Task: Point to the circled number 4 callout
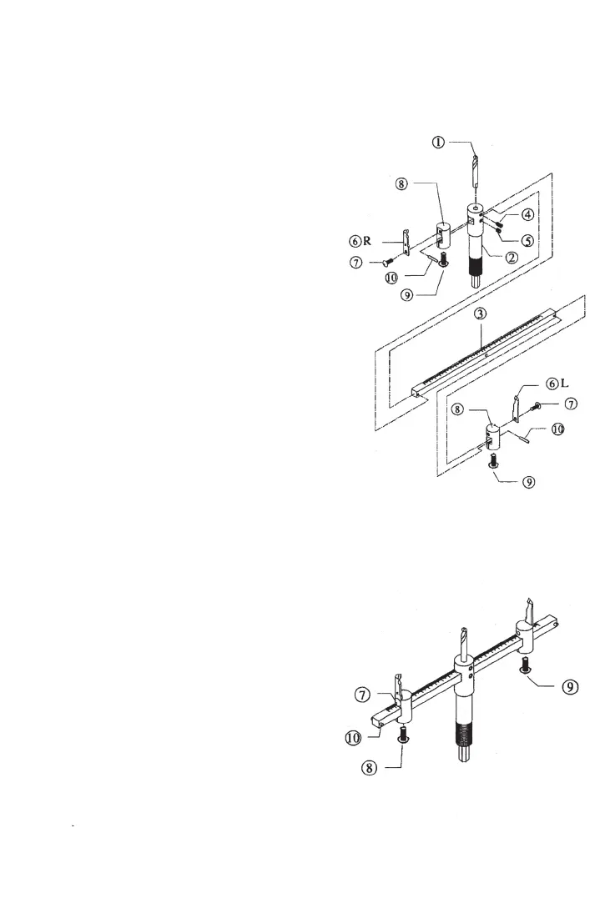(x=529, y=214)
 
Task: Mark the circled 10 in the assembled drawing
(x=356, y=736)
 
